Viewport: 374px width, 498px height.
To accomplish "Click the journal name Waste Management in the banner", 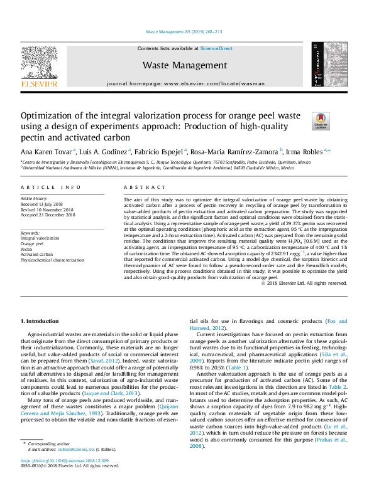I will click(184, 65).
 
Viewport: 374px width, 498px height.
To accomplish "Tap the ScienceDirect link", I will click(216, 48).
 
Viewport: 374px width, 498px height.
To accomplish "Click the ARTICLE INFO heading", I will click(51, 188).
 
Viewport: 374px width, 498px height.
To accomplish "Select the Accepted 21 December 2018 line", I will click(48, 215).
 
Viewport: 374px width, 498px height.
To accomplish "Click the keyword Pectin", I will click(26, 248).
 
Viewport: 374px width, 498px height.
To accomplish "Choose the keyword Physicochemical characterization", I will click(52, 260).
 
